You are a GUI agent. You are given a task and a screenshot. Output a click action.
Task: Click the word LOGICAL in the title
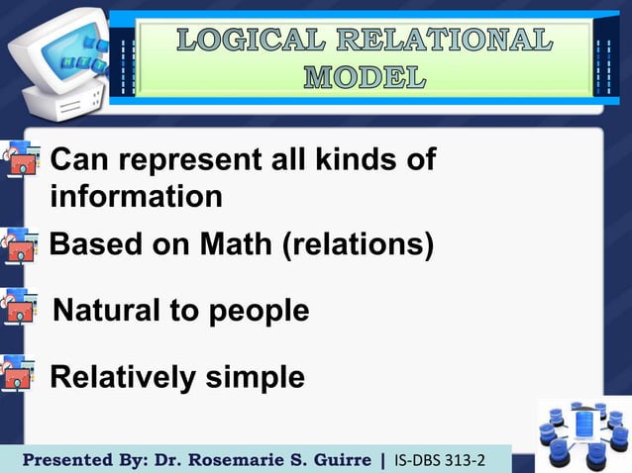249,41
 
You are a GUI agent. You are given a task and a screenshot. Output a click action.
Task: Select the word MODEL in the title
366,76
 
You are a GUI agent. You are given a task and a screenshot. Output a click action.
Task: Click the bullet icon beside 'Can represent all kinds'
20,160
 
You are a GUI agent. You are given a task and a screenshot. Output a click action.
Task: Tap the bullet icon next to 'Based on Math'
20,244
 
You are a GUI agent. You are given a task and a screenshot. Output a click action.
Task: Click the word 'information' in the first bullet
136,197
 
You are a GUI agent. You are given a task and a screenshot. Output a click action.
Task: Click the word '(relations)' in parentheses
359,244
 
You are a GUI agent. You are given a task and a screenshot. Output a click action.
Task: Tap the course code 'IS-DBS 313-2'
440,460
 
